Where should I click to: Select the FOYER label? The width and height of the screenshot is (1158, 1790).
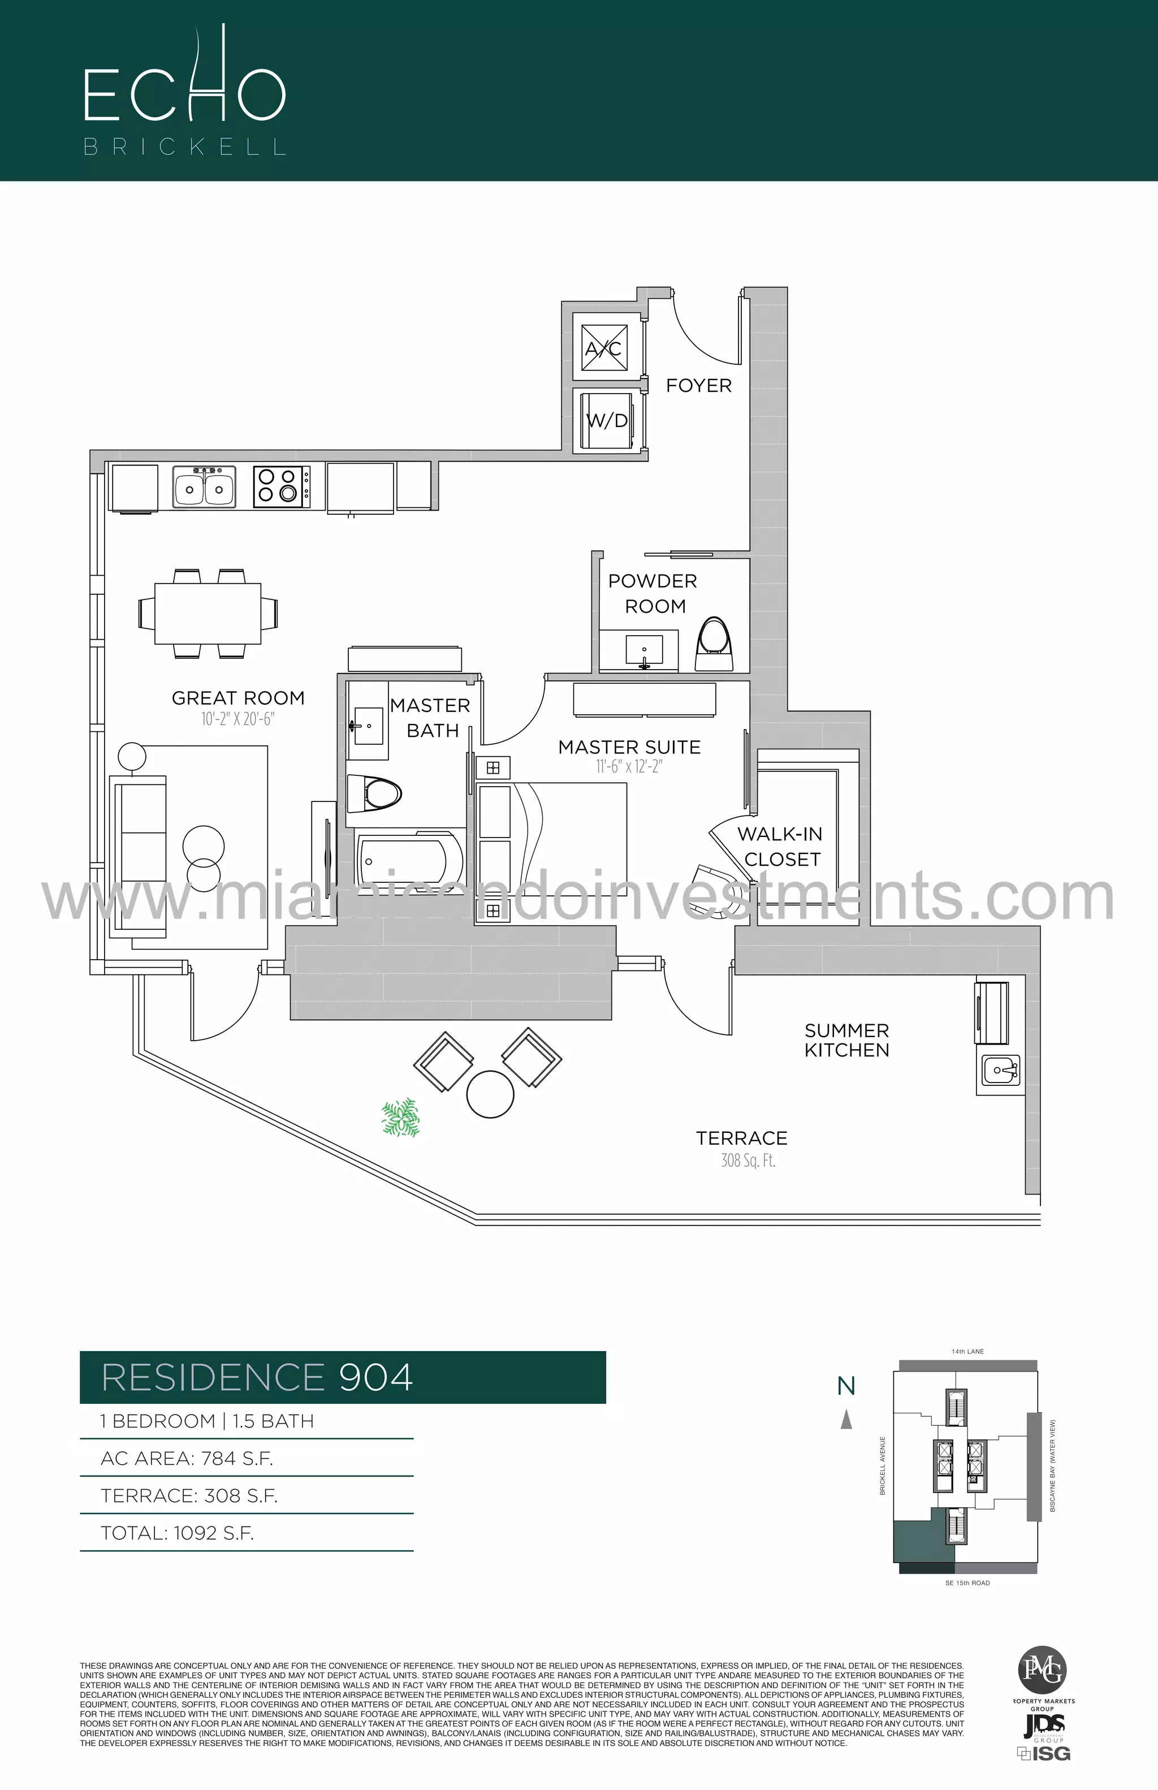(x=698, y=386)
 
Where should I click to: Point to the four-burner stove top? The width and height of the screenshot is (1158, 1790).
(x=281, y=485)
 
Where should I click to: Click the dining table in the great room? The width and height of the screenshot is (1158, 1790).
(x=208, y=613)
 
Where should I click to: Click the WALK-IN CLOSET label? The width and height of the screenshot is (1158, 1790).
(x=780, y=846)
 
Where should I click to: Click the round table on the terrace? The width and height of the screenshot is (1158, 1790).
(x=490, y=1095)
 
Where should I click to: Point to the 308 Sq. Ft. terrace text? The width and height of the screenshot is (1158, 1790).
(x=747, y=1161)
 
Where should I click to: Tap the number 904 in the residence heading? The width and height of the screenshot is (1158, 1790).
(x=376, y=1377)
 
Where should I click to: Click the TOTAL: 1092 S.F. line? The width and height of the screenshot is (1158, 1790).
(x=178, y=1533)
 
